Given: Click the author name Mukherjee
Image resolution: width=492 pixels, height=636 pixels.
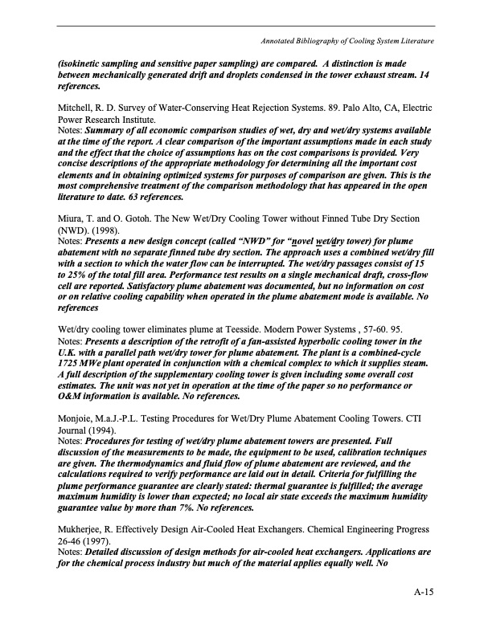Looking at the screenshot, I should point(83,529).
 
